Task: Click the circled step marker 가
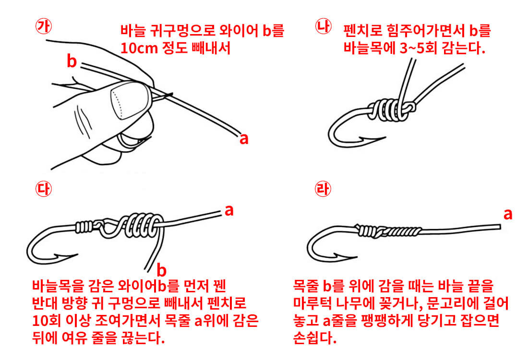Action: click(x=44, y=26)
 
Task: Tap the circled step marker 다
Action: click(x=44, y=188)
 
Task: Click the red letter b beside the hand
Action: click(x=72, y=61)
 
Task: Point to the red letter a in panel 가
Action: click(x=244, y=138)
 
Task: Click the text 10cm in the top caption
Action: click(x=140, y=48)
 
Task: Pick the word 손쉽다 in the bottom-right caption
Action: click(x=314, y=337)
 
